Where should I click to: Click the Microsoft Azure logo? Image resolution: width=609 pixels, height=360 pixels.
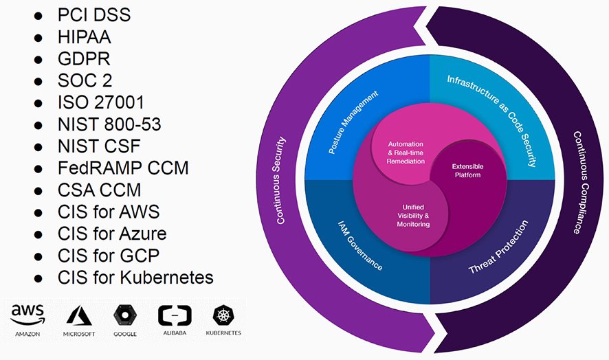(78, 317)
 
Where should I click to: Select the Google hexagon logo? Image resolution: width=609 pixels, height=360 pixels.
(124, 315)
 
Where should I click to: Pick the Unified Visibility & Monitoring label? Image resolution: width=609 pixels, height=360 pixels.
(412, 215)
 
